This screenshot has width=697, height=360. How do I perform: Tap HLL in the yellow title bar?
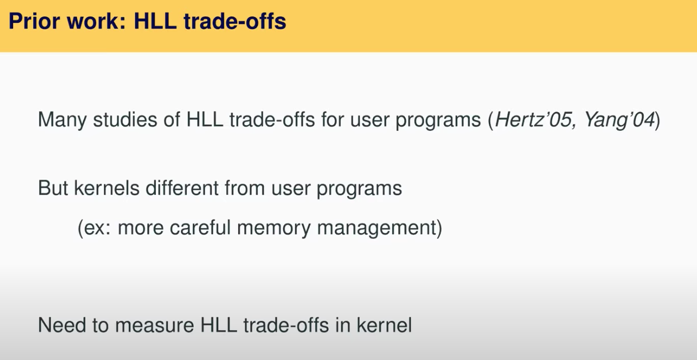pos(155,21)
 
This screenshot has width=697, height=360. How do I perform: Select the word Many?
pos(62,120)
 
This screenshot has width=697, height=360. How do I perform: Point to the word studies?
pos(125,119)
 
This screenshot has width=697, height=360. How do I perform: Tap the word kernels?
pos(107,188)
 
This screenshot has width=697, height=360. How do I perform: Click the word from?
pos(245,188)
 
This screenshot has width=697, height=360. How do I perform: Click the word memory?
pos(274,229)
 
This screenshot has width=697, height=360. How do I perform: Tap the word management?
pos(376,229)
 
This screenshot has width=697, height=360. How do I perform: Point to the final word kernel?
pos(384,325)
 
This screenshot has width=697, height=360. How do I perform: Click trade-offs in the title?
pos(235,21)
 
